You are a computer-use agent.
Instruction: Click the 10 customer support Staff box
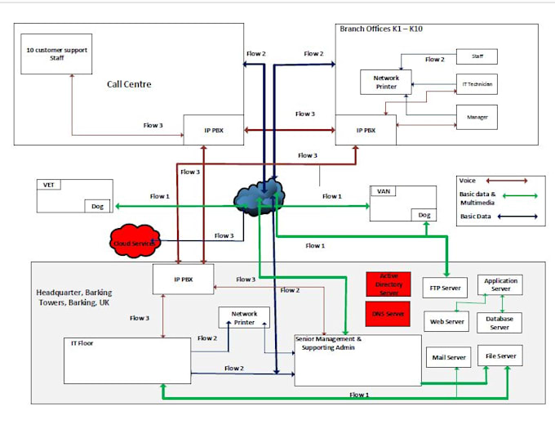pyautogui.click(x=55, y=53)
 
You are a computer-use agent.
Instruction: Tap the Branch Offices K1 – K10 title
pyautogui.click(x=380, y=29)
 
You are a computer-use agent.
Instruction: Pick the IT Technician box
pyautogui.click(x=476, y=83)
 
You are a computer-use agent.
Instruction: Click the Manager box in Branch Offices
pyautogui.click(x=476, y=118)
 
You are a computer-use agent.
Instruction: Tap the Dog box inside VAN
pyautogui.click(x=424, y=214)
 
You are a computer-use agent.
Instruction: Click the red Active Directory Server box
pyautogui.click(x=388, y=284)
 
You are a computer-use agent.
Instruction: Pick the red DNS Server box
pyautogui.click(x=388, y=313)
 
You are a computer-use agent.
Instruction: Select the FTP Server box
pyautogui.click(x=445, y=289)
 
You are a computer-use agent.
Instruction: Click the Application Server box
pyautogui.click(x=499, y=284)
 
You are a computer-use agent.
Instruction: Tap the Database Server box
pyautogui.click(x=499, y=322)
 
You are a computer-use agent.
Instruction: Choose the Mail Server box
pyautogui.click(x=447, y=357)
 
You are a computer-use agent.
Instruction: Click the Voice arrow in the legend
pyautogui.click(x=507, y=180)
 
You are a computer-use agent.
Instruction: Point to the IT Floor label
pyautogui.click(x=82, y=343)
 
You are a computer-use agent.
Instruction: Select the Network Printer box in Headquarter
pyautogui.click(x=244, y=318)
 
